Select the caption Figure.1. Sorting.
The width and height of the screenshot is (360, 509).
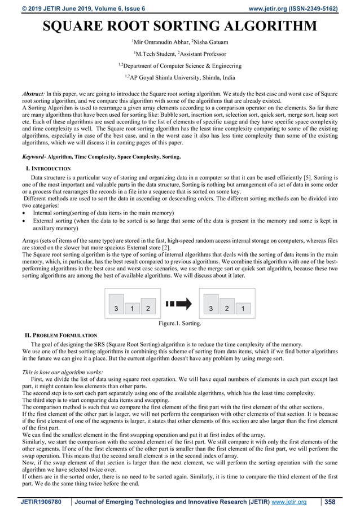point(180,324)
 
